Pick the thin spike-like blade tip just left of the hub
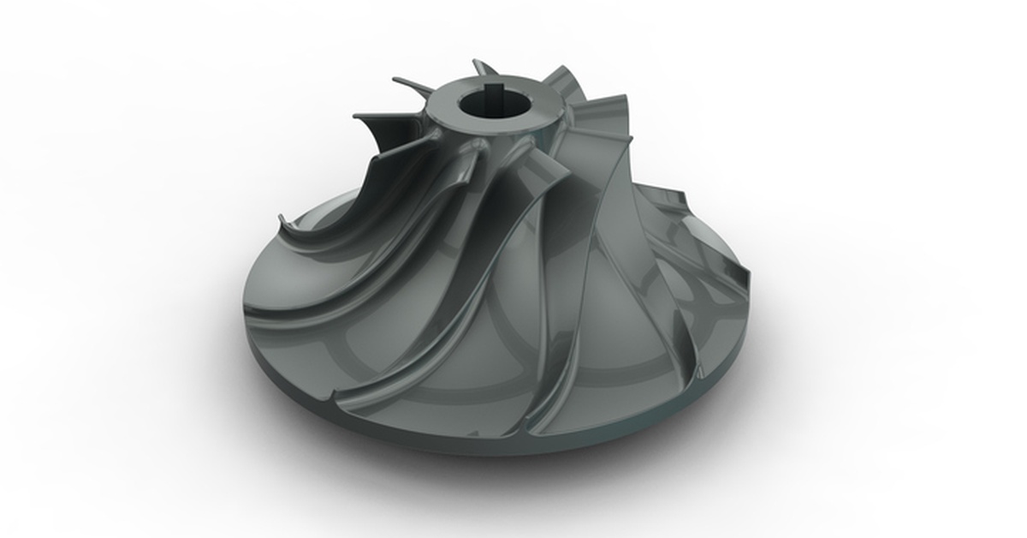click(402, 82)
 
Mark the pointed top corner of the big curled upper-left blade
click(356, 117)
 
